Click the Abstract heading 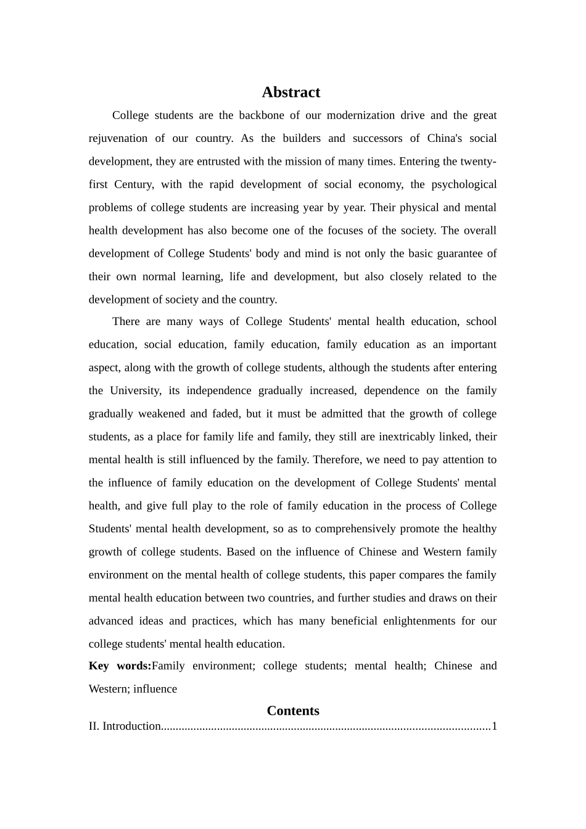pos(291,93)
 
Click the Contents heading pos(293,711)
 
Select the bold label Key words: pos(120,666)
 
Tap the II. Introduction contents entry pos(125,726)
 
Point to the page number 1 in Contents pos(494,726)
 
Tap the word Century pos(134,184)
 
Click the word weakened pos(162,414)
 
